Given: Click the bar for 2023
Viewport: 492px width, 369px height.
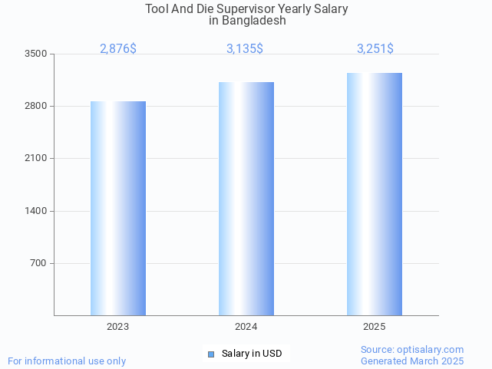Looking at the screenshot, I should pos(118,208).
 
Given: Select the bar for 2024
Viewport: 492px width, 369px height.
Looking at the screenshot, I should pos(246,199).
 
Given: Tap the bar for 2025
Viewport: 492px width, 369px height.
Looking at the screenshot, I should pos(375,194).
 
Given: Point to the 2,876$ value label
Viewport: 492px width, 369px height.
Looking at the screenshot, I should pos(118,48).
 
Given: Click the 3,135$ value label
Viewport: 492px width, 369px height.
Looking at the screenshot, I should pos(245,48).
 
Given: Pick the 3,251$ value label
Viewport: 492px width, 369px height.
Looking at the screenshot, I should pos(375,48).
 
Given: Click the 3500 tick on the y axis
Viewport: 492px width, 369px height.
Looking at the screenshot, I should pos(35,54).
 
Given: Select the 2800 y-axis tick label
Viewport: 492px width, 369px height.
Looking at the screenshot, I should pos(35,106).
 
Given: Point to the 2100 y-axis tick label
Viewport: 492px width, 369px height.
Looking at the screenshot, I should pos(35,159).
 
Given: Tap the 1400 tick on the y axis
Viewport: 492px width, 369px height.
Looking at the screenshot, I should pos(35,211).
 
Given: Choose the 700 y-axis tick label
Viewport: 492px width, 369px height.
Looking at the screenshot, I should pos(38,263).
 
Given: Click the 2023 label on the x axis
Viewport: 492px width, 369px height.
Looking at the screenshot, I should pos(118,327).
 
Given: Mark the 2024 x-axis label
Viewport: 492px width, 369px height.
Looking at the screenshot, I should pos(246,327).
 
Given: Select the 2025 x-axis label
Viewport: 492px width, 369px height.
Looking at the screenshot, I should pos(375,327).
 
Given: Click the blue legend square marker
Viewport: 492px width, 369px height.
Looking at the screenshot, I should pos(211,354).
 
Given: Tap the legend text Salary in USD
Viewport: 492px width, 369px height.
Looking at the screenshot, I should pos(252,354).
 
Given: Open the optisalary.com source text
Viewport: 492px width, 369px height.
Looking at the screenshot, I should pos(412,350).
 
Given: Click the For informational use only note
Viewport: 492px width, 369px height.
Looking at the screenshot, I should pos(67,361).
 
